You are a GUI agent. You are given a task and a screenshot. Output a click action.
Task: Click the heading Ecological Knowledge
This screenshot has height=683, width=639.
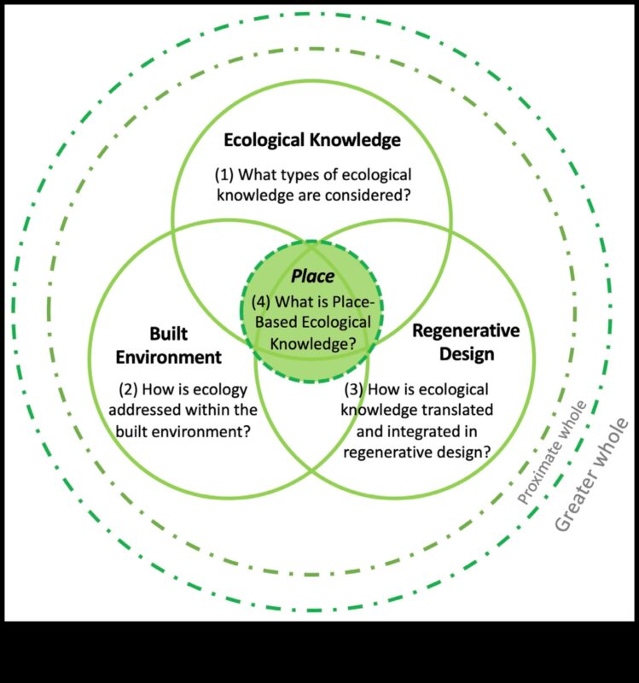[x=312, y=139]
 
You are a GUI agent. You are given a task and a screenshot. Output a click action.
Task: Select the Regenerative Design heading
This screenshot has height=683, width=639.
[x=466, y=341]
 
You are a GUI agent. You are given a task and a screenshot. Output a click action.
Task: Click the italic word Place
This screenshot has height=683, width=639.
[x=312, y=277]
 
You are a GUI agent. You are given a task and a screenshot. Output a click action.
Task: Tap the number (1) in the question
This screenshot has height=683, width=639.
[x=224, y=175]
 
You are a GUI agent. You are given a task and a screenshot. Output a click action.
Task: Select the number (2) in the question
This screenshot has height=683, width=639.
[x=129, y=390]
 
